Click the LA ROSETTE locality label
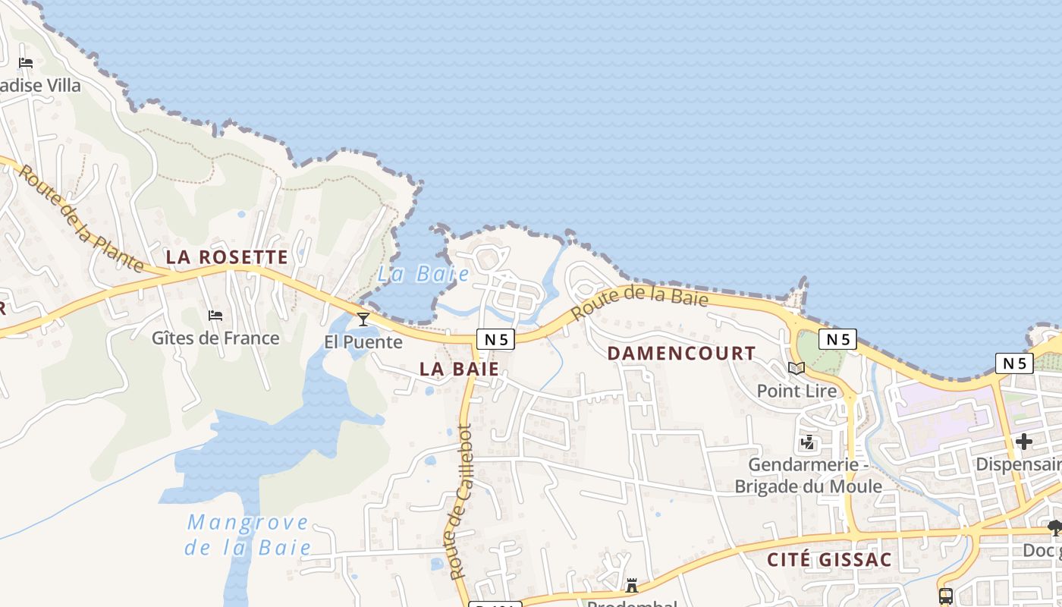(x=227, y=257)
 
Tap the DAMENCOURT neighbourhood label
(x=681, y=353)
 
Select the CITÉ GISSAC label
(x=829, y=560)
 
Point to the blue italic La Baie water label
(x=423, y=274)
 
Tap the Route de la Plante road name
(x=80, y=218)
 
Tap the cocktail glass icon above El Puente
(x=363, y=319)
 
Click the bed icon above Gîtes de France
(x=215, y=315)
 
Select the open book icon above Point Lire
(x=796, y=368)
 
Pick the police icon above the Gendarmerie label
(x=808, y=442)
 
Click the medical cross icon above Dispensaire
(x=1024, y=441)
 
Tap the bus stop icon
(x=945, y=596)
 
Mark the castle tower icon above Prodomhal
(x=631, y=586)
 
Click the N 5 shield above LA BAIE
(x=495, y=339)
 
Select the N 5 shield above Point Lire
(x=837, y=339)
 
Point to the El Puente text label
(x=363, y=342)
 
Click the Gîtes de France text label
(x=215, y=338)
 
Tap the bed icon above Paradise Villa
(x=26, y=63)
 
